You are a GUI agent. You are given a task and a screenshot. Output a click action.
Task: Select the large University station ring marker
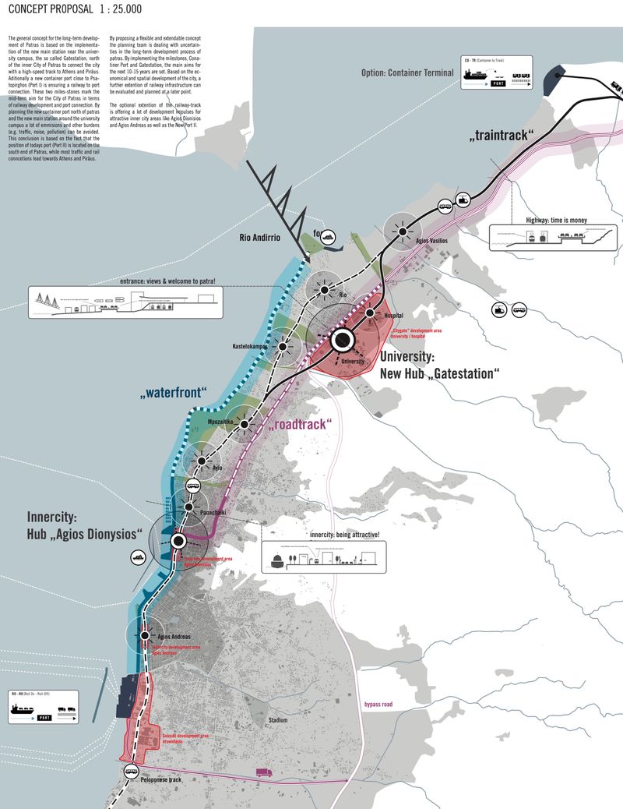[x=341, y=340]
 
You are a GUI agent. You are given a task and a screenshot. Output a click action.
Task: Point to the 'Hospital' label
[x=394, y=316]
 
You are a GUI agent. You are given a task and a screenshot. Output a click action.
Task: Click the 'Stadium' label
[x=278, y=720]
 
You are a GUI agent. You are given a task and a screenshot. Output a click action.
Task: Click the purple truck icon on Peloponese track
[x=264, y=772]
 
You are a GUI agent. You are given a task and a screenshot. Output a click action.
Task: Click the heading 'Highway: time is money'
[x=558, y=221]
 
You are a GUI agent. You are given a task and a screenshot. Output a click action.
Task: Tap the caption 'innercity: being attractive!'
[x=344, y=535]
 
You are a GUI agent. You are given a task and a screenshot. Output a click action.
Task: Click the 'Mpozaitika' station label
[x=221, y=421]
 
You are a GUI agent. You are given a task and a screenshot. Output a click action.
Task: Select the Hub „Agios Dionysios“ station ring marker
[x=178, y=540]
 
